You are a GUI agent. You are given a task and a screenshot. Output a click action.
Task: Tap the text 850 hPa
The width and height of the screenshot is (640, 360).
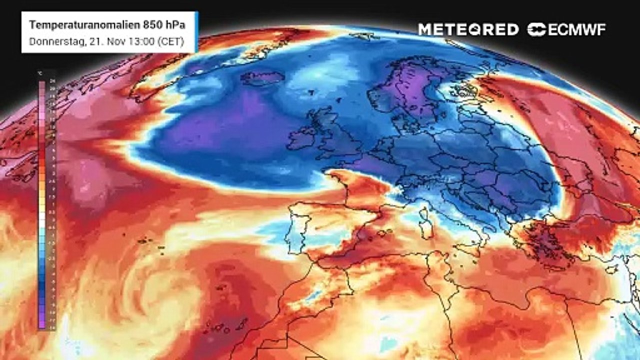[152, 24]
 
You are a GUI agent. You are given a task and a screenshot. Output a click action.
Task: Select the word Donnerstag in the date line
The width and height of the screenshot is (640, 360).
[52, 41]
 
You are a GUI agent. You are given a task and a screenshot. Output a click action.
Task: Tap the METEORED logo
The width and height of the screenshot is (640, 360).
[468, 29]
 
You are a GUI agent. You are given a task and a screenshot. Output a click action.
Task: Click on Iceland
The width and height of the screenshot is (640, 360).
[262, 77]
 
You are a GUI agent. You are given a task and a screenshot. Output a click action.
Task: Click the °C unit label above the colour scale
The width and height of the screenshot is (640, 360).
[40, 73]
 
